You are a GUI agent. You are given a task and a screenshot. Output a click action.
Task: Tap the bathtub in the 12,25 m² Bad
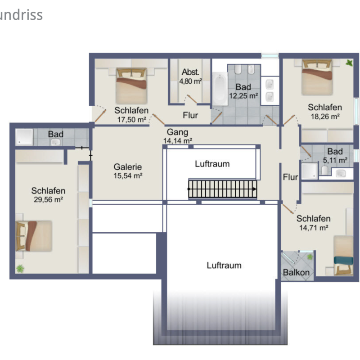[220, 89]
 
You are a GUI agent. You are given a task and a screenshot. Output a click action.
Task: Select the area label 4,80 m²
[190, 81]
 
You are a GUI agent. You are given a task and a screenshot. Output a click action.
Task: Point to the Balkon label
[296, 273]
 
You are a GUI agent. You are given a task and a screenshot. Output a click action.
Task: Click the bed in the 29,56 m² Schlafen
[34, 236]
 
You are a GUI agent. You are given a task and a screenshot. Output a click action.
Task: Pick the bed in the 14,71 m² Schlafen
[343, 255]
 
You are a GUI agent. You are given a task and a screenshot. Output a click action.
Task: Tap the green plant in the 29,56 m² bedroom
[20, 269]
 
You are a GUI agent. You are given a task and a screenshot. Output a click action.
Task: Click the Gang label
[177, 132]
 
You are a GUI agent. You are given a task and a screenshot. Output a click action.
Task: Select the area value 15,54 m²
[128, 175]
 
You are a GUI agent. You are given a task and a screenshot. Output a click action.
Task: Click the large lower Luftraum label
[224, 265]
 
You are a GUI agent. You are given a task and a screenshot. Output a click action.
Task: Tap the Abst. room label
[190, 72]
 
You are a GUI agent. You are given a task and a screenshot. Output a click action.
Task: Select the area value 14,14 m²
[177, 141]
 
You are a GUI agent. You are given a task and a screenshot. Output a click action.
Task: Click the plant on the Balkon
[310, 256]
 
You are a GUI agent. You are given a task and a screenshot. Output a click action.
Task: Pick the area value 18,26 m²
[324, 116]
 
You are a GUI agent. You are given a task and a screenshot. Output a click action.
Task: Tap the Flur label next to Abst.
[190, 115]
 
